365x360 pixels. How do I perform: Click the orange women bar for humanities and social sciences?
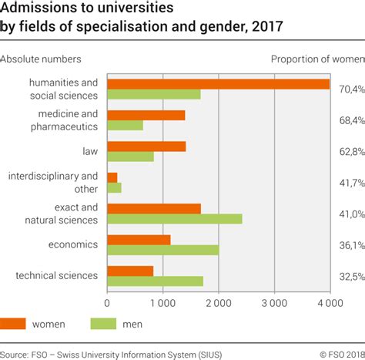[218, 84]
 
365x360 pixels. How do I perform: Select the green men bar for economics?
[162, 250]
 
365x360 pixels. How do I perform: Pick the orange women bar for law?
[146, 146]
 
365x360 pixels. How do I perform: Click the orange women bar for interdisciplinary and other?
[112, 177]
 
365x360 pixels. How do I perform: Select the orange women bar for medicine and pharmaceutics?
[146, 115]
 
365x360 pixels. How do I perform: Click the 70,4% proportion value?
[350, 89]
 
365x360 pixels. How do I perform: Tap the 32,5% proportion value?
[350, 276]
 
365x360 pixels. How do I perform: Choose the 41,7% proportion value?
[350, 183]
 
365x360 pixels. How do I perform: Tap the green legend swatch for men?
[105, 325]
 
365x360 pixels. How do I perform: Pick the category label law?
[90, 151]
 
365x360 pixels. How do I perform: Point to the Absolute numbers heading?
[41, 59]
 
